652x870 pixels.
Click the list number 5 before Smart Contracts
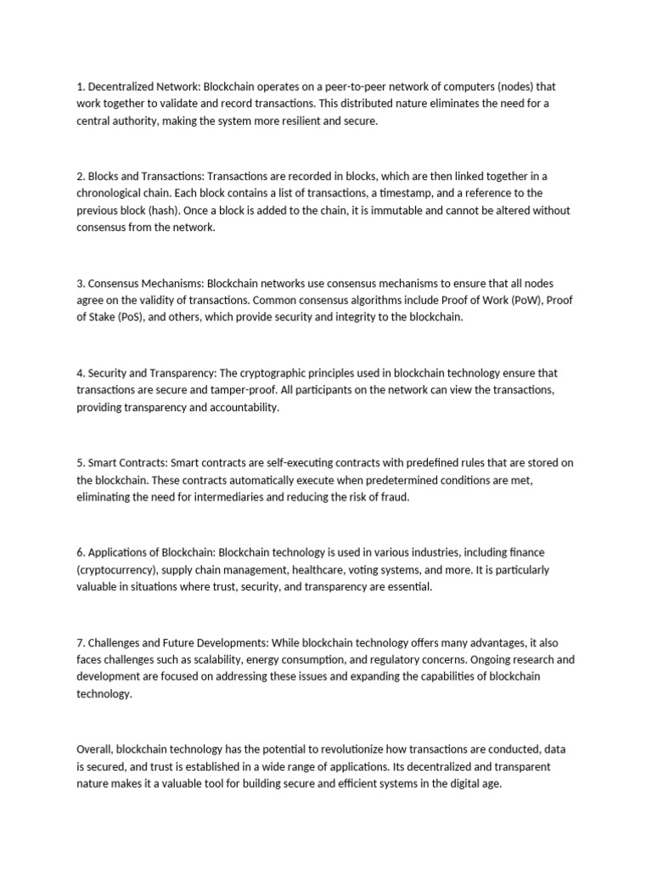pyautogui.click(x=80, y=463)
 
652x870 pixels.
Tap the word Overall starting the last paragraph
pyautogui.click(x=93, y=749)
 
